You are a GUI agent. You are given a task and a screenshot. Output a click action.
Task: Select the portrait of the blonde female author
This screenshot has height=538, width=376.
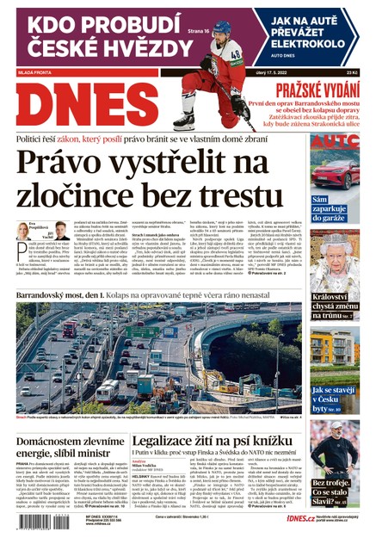point(22,232)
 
